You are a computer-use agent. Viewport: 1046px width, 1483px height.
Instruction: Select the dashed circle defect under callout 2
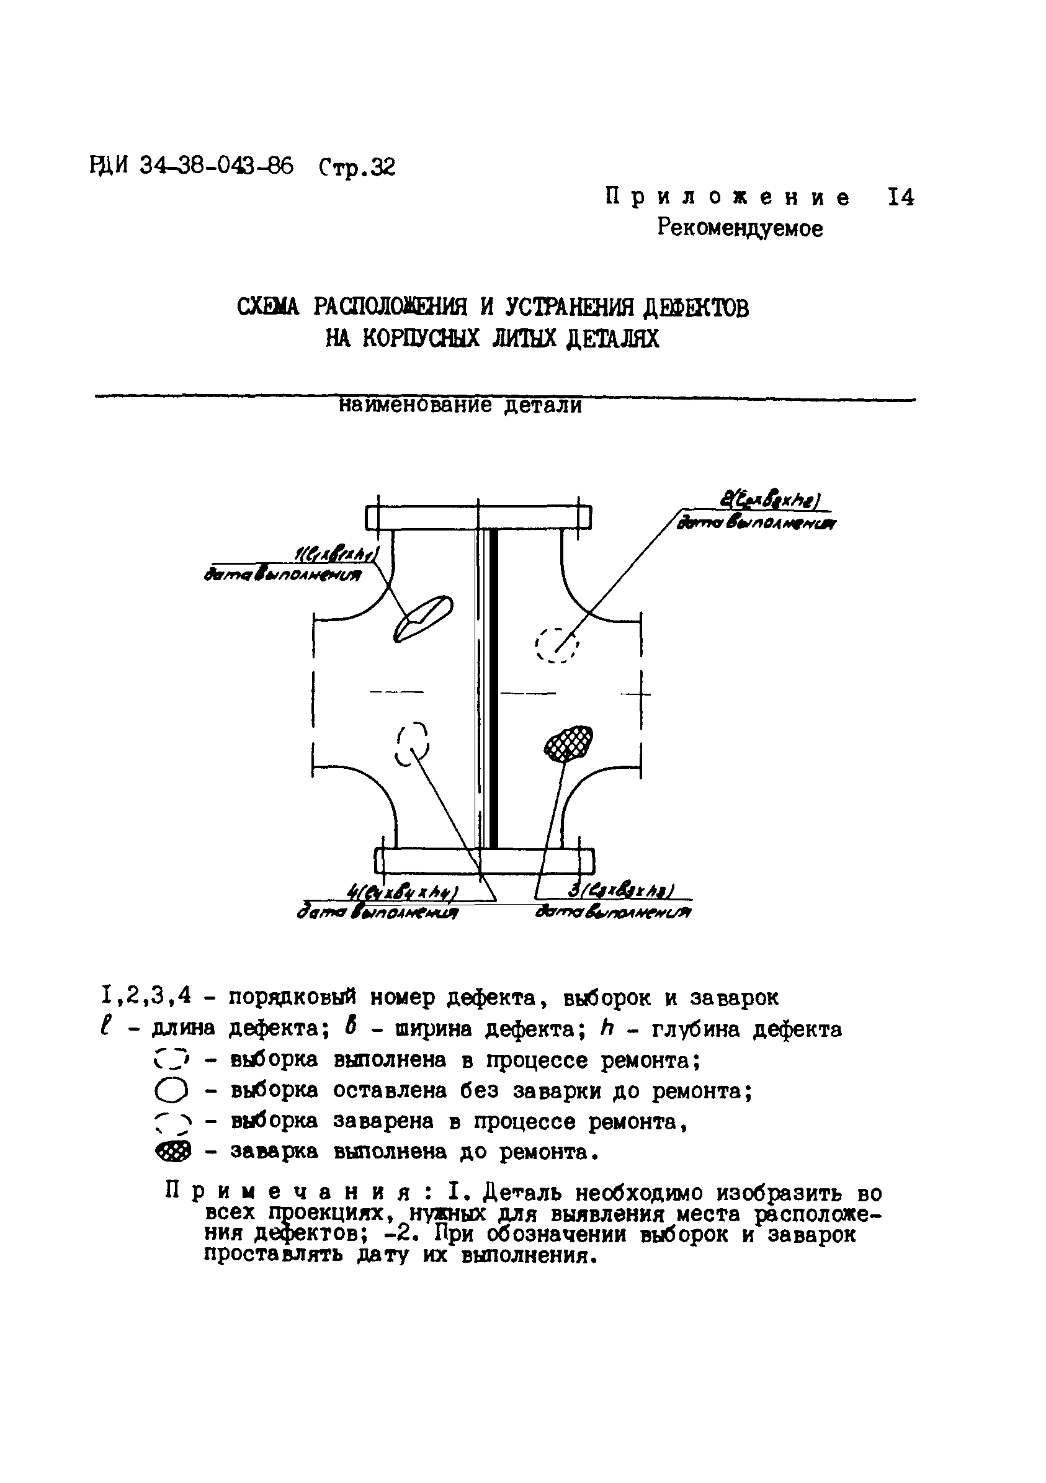tap(557, 644)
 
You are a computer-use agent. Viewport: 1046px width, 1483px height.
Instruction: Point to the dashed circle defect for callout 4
tap(412, 743)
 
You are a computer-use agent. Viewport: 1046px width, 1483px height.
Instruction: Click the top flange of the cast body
tap(478, 518)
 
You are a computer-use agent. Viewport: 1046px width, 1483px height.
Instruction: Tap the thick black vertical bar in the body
tap(493, 688)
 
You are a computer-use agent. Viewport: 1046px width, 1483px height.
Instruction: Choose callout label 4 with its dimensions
tap(402, 893)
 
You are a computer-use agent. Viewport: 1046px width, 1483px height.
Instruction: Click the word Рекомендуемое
tap(740, 228)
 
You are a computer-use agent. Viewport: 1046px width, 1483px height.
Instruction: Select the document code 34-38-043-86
tap(216, 167)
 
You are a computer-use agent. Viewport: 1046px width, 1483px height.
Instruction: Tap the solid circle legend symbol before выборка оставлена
tap(172, 1091)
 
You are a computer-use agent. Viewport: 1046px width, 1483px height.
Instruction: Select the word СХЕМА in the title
tap(268, 307)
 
